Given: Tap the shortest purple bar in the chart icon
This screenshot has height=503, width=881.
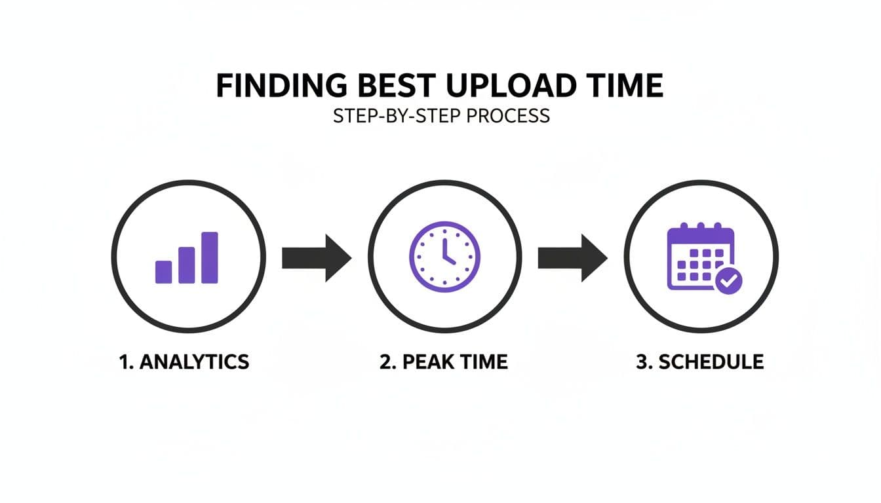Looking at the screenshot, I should tap(163, 272).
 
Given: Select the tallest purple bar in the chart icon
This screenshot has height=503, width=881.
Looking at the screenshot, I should tap(210, 257).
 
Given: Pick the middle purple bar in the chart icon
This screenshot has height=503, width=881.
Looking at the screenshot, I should tap(187, 265).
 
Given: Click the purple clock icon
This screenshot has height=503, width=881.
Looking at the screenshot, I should tap(444, 256).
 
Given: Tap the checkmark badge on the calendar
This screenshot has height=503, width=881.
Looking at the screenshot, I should tap(728, 281).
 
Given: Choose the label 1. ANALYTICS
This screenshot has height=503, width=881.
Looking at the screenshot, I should tap(184, 362).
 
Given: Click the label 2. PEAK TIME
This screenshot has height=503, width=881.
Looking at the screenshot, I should tap(444, 362).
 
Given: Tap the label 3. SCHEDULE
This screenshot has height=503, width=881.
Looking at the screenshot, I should tap(699, 362).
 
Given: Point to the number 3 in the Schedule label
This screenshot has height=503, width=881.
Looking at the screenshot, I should tap(641, 362).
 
